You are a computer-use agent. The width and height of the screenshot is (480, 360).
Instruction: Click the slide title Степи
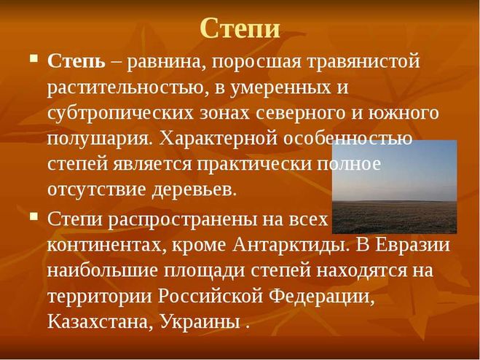click(240, 28)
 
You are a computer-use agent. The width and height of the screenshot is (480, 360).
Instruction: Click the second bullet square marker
click(34, 215)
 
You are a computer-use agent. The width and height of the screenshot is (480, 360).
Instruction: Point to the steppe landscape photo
click(394, 187)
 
